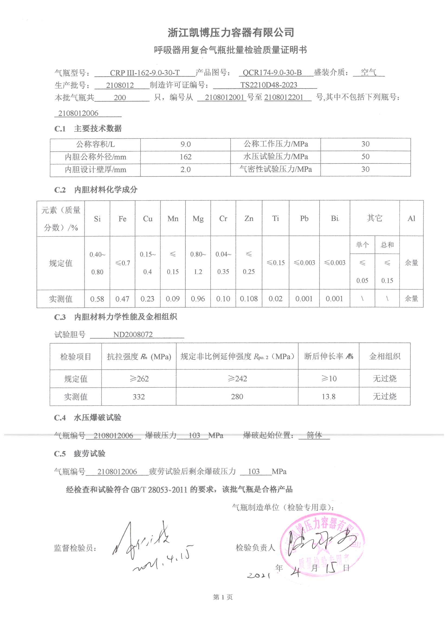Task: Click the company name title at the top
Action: tap(231, 32)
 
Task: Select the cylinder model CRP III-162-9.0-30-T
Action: tap(145, 73)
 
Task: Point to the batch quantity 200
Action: tap(120, 97)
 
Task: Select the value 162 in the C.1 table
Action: tap(185, 157)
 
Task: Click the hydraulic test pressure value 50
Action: tap(365, 156)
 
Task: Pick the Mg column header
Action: tap(198, 219)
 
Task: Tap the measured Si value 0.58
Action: tap(97, 299)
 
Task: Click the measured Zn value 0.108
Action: tap(249, 299)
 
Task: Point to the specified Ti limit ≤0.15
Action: tap(275, 263)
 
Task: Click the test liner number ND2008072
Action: tap(133, 334)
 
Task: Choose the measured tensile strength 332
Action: tap(138, 397)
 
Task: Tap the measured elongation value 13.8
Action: tap(328, 397)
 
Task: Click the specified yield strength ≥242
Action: tap(237, 379)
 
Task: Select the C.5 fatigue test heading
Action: tap(80, 453)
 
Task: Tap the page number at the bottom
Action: tap(223, 597)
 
